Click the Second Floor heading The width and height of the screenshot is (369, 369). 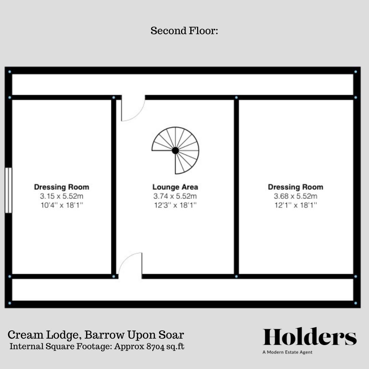[184, 31]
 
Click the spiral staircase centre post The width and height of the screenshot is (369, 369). [175, 150]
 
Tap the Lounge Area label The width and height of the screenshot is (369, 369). [175, 187]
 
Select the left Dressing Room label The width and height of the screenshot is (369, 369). [61, 187]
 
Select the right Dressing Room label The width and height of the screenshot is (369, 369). [295, 187]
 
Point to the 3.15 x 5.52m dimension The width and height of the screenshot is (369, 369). [61, 196]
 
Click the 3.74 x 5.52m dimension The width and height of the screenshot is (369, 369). [175, 196]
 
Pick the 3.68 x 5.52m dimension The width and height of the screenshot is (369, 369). [295, 196]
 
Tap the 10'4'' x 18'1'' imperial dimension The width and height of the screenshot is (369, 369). [61, 205]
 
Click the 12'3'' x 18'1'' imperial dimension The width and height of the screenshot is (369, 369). [175, 205]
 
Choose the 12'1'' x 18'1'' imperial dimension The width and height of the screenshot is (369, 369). [295, 205]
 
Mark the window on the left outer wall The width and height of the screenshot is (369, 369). [8, 190]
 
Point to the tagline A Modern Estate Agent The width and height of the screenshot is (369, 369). [287, 352]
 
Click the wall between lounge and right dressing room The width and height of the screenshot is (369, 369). [236, 187]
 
